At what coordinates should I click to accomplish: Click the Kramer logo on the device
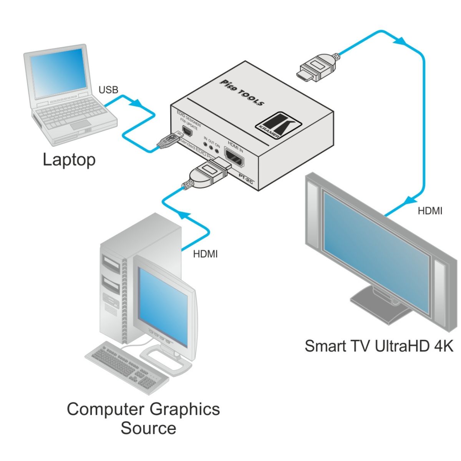coord(279,125)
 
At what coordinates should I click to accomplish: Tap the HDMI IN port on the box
coord(234,158)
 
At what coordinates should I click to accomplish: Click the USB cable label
coord(108,90)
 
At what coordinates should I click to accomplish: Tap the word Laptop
coord(69,159)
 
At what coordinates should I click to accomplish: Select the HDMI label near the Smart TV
coord(430,211)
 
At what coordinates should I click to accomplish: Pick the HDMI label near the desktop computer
coord(205,254)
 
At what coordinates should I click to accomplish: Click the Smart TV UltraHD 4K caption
coord(379,346)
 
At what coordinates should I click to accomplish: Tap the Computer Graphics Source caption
coord(143,418)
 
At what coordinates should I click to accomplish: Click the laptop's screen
coord(60,73)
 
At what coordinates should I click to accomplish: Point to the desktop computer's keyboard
coord(127,367)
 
